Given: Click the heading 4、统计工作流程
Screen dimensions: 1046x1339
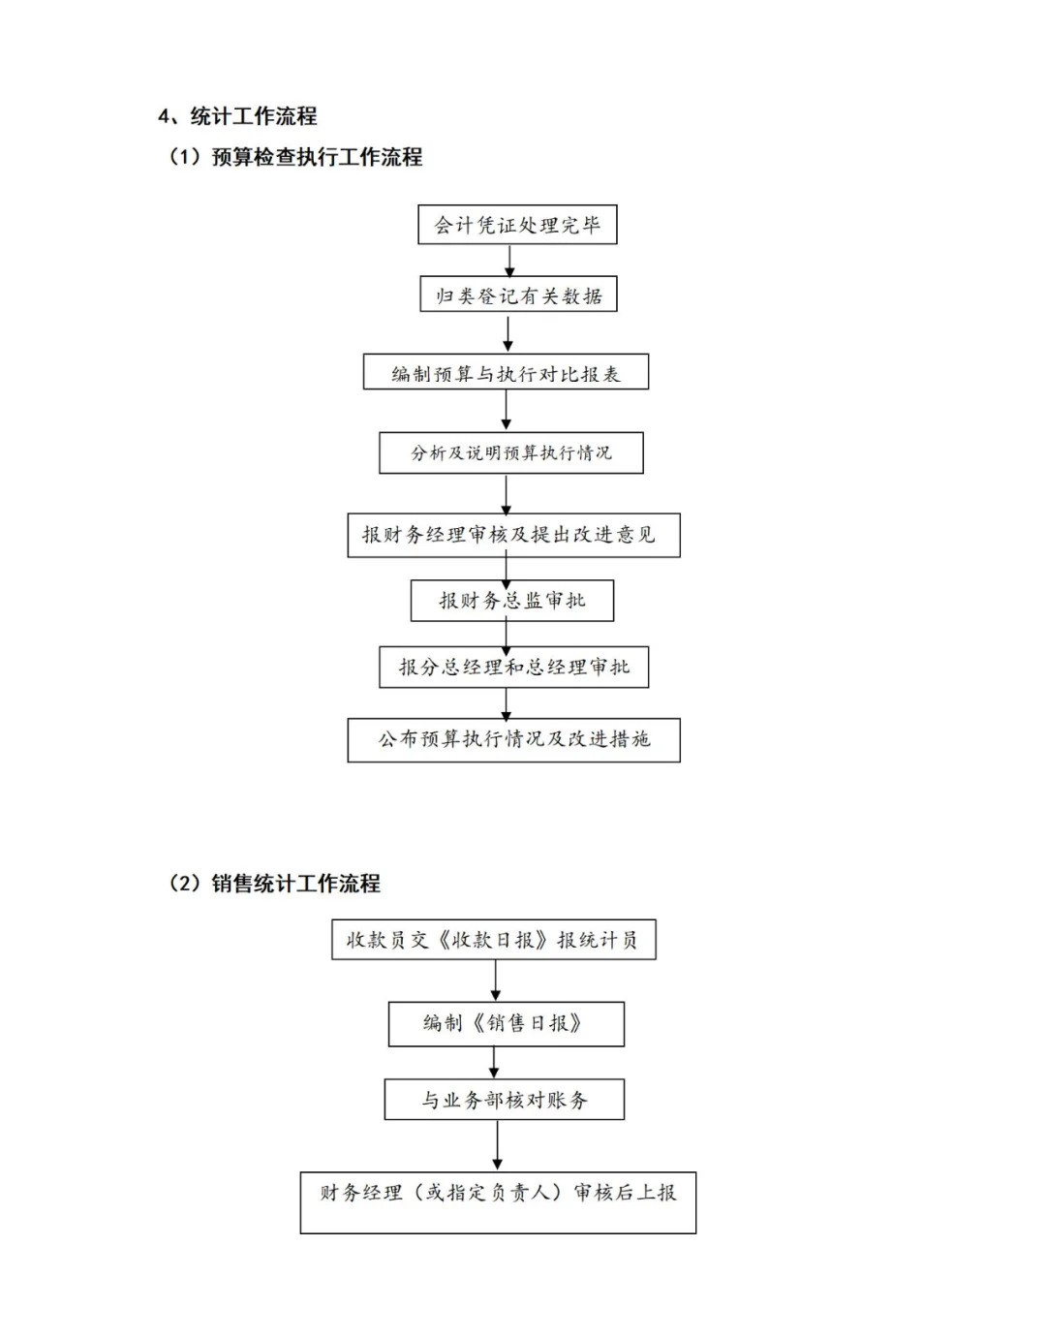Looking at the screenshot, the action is pyautogui.click(x=237, y=116).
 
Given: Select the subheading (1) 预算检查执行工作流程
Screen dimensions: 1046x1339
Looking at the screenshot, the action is pyautogui.click(x=294, y=157).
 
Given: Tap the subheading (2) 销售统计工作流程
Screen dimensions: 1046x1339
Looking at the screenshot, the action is pyautogui.click(x=273, y=883).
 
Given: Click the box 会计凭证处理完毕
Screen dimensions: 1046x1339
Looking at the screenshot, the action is pyautogui.click(x=517, y=224).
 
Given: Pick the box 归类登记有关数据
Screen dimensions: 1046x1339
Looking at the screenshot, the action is pyautogui.click(x=518, y=294).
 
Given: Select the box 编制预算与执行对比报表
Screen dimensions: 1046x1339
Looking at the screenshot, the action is pyautogui.click(x=506, y=372).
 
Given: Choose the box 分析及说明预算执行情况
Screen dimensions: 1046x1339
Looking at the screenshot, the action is pyautogui.click(x=511, y=452).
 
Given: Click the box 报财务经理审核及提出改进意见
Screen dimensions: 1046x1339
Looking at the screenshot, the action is pyautogui.click(x=513, y=535).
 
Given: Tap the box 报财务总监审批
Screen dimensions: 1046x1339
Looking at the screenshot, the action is pyautogui.click(x=512, y=600).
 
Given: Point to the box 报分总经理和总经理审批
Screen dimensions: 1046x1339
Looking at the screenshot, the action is pyautogui.click(x=513, y=667).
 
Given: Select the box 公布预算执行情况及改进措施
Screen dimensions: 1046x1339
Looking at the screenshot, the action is pyautogui.click(x=513, y=740).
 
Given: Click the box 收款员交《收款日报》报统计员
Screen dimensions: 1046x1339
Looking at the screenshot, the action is pyautogui.click(x=494, y=940).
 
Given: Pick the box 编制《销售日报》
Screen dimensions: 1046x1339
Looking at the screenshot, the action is pyautogui.click(x=507, y=1024).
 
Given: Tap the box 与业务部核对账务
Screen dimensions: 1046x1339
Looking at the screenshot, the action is pyautogui.click(x=505, y=1100).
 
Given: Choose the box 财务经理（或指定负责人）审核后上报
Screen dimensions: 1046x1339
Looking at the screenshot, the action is pyautogui.click(x=498, y=1202).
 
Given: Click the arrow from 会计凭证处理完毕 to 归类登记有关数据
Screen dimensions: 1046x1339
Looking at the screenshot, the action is pyautogui.click(x=509, y=261).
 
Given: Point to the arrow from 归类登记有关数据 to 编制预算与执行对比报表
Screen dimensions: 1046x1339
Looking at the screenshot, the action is pyautogui.click(x=508, y=333).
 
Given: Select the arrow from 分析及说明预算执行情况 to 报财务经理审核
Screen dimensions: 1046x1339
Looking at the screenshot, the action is pyautogui.click(x=507, y=493).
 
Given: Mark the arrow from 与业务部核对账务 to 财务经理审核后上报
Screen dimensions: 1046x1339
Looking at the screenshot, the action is pyautogui.click(x=498, y=1145).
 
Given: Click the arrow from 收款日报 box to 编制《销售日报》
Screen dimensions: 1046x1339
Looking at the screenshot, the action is pyautogui.click(x=496, y=981).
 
